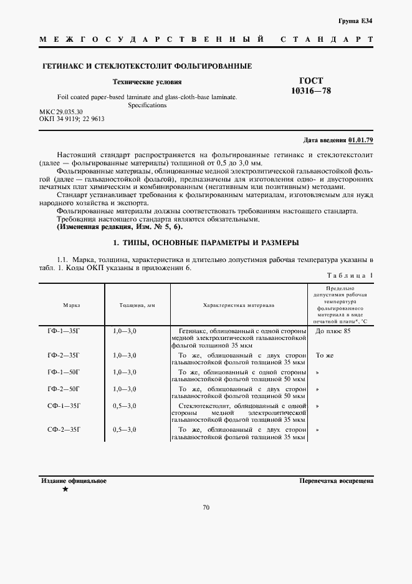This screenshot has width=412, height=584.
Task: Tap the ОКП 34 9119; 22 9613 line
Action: coord(71,119)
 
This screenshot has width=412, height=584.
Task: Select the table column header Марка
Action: coord(71,305)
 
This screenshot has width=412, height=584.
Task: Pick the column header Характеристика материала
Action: coord(238,305)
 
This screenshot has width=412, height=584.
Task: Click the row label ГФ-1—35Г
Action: coord(64,331)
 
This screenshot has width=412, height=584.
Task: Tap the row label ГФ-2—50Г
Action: coord(64,389)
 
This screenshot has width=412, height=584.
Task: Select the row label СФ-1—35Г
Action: coord(64,406)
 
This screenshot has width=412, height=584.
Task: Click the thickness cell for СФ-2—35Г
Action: coord(125,430)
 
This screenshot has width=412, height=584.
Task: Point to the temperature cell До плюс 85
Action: coord(333,331)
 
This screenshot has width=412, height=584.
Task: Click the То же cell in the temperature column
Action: coord(325,355)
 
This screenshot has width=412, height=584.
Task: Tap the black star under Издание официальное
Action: coord(65,490)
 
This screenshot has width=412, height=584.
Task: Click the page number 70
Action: coord(206,507)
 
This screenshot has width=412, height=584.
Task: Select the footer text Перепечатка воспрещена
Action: coord(336,481)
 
